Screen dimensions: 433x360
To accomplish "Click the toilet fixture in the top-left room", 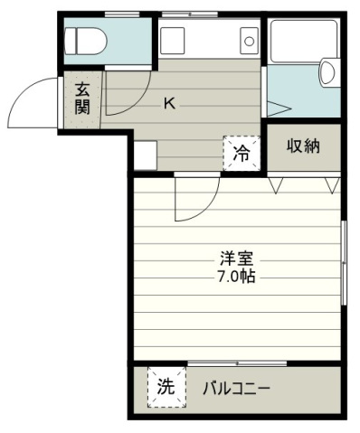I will pos(87,41).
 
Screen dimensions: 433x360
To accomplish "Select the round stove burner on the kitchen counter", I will pos(246,41).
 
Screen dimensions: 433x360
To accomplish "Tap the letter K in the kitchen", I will pos(168,103).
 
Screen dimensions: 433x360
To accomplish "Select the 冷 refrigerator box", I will pos(242,154).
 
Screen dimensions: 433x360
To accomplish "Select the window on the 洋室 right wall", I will pos(346,262).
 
